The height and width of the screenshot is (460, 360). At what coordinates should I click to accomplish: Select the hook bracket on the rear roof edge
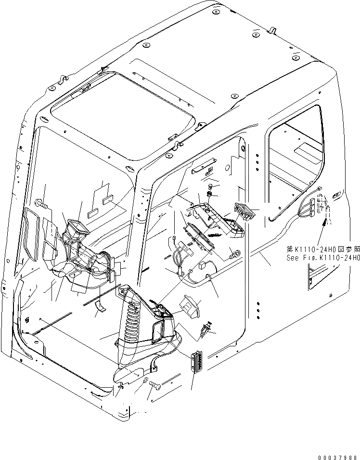pyautogui.click(x=271, y=32)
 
